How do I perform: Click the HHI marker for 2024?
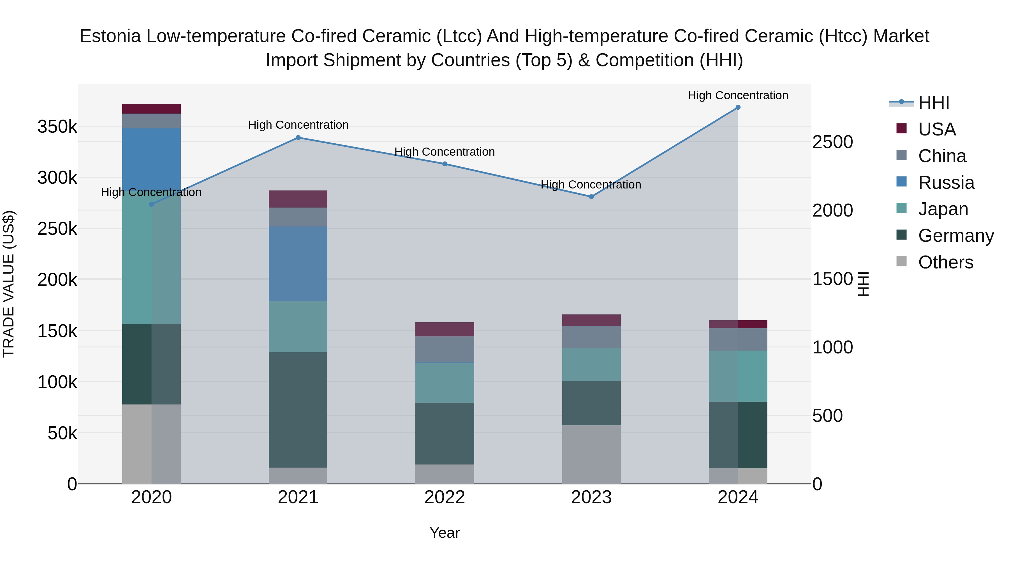click(x=738, y=107)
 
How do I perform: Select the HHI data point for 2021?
click(x=298, y=138)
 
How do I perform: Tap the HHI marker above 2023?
click(x=591, y=197)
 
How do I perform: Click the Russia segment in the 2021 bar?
click(x=298, y=264)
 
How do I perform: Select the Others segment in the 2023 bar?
click(x=591, y=454)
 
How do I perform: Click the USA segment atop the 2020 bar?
click(x=152, y=109)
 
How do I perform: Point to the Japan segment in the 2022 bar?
click(x=445, y=383)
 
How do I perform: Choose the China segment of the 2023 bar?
click(x=591, y=337)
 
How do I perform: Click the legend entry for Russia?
click(x=946, y=183)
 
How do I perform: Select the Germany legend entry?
click(x=956, y=236)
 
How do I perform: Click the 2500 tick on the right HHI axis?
click(x=833, y=142)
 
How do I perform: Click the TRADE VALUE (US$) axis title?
click(x=9, y=284)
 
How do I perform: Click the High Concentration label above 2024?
click(x=738, y=96)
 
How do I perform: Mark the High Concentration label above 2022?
click(x=445, y=152)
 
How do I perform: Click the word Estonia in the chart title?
click(x=110, y=36)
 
